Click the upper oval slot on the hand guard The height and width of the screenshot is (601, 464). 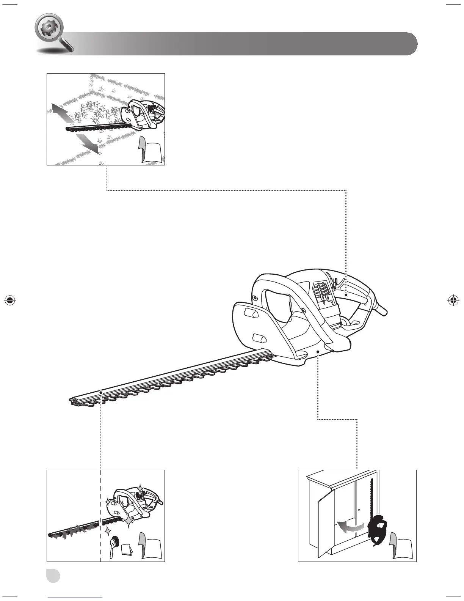(x=250, y=313)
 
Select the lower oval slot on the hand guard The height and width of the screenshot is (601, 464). (x=259, y=337)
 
